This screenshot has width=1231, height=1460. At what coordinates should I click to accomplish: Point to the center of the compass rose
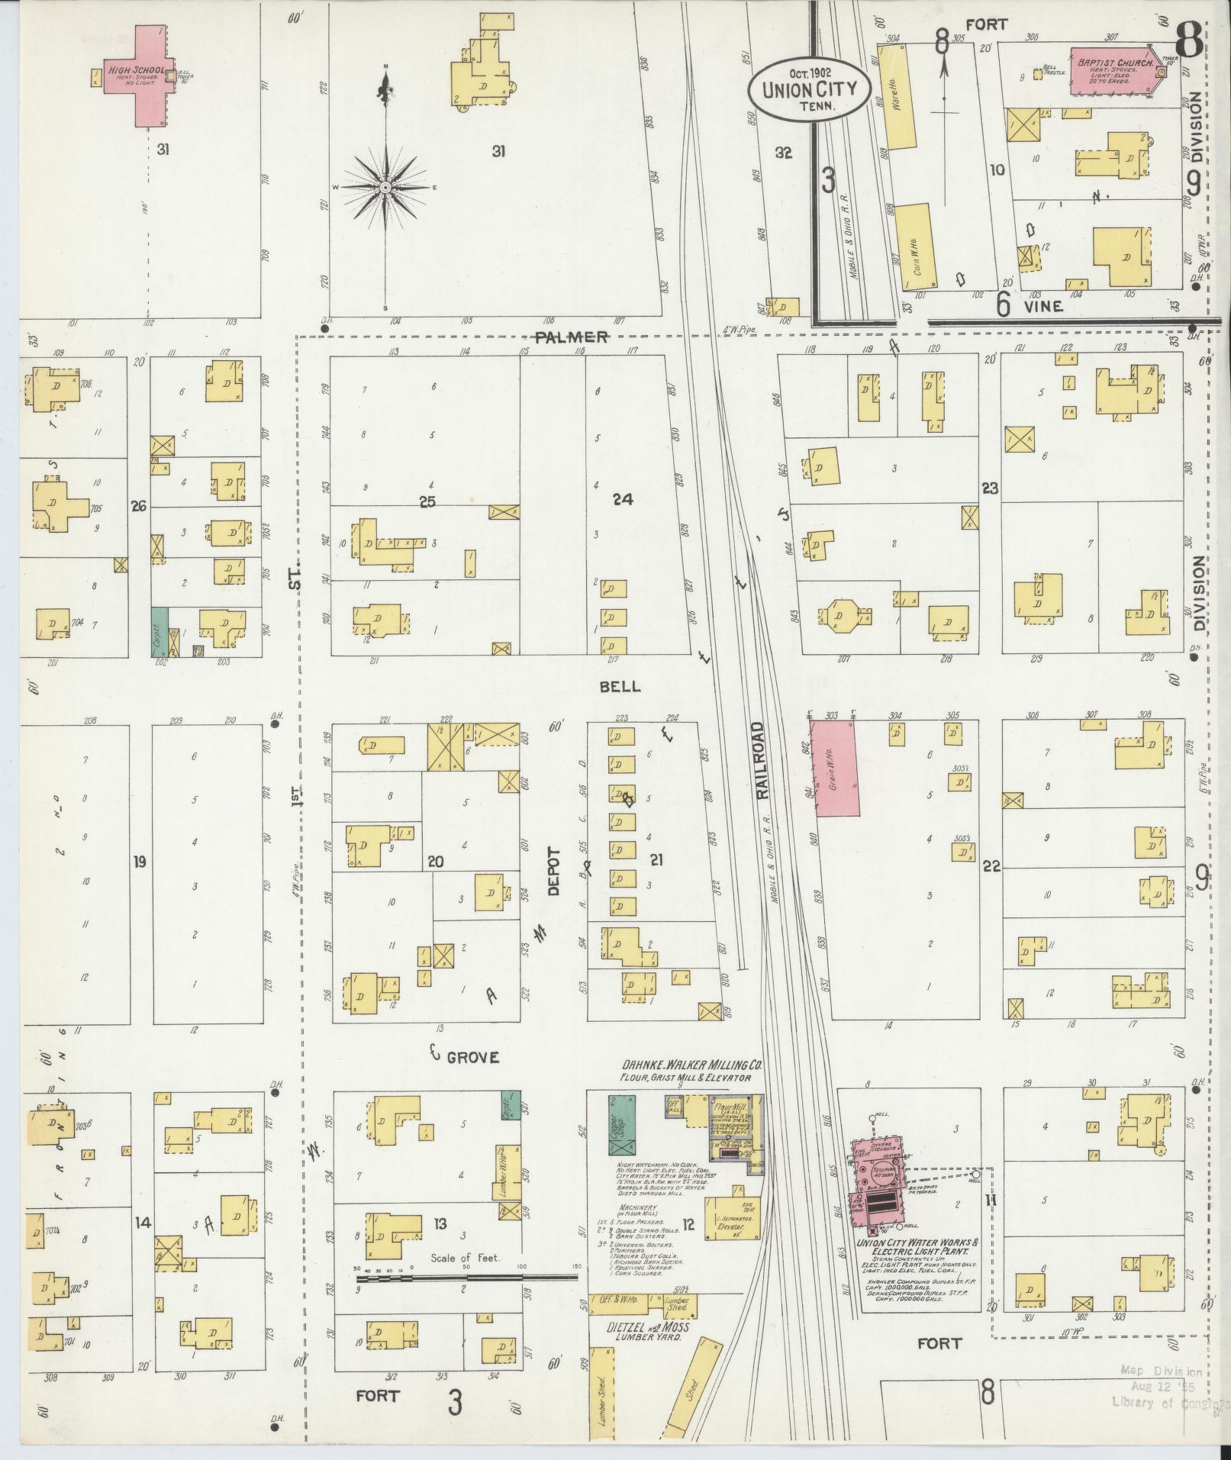[x=386, y=187]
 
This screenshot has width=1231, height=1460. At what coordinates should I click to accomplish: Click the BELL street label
[x=620, y=686]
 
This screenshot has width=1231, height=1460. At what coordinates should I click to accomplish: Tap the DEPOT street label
[x=553, y=870]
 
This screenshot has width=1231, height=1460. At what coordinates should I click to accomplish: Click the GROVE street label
[x=472, y=1057]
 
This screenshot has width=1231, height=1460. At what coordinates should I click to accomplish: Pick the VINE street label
[x=1043, y=306]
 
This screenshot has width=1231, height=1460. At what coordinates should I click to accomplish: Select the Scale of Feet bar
[x=466, y=1277]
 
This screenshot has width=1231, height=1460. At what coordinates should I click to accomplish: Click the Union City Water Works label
[x=913, y=1247]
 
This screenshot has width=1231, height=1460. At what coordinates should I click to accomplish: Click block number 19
[x=139, y=862]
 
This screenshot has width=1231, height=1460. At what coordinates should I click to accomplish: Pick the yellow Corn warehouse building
[x=914, y=247]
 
